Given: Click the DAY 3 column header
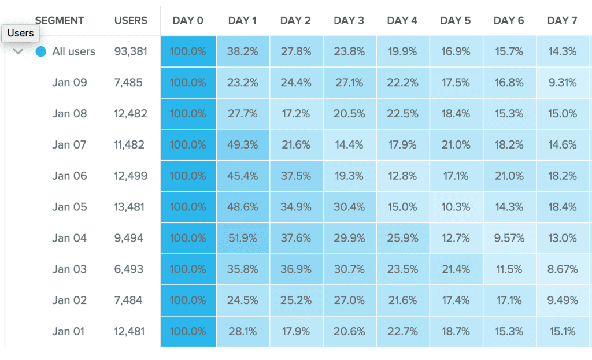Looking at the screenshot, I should (349, 21).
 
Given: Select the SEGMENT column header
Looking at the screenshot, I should (60, 21).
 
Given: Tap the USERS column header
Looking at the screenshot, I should (131, 21).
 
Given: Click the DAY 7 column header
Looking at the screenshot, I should (562, 21).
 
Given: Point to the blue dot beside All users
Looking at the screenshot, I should (40, 51).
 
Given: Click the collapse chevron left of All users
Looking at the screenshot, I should (18, 51).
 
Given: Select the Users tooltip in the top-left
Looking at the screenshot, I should (20, 33).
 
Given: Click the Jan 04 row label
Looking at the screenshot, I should (69, 238).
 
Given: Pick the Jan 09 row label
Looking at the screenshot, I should (69, 83).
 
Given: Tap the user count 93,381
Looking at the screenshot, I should (131, 51).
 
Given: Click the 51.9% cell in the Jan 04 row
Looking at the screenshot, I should (243, 238).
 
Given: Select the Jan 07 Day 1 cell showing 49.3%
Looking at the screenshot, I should (243, 145).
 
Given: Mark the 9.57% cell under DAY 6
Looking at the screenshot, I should (509, 238).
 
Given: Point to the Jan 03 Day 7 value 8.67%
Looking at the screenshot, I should (562, 269).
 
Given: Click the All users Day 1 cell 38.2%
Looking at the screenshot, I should (243, 51).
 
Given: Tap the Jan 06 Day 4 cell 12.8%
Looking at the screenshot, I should (402, 176).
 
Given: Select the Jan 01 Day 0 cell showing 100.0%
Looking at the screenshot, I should (188, 332).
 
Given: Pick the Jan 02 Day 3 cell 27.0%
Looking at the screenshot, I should (349, 300).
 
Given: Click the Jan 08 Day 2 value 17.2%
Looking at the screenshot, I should (295, 114).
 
